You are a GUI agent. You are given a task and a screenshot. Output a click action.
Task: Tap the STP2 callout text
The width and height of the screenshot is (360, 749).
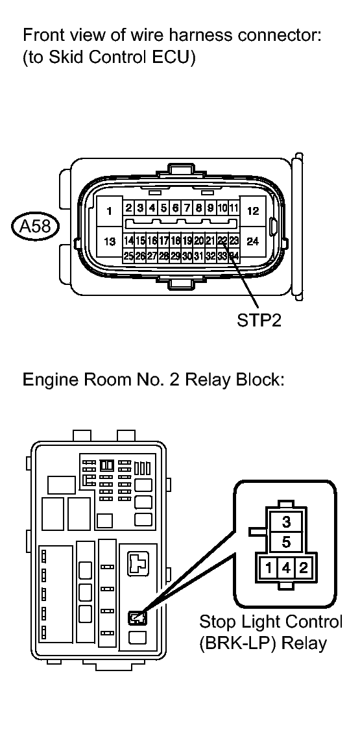pyautogui.click(x=259, y=319)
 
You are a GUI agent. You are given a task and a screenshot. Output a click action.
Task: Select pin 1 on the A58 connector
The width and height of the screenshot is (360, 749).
pyautogui.click(x=110, y=211)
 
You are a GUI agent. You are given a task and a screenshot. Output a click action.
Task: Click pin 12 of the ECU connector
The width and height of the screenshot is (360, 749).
pyautogui.click(x=253, y=211)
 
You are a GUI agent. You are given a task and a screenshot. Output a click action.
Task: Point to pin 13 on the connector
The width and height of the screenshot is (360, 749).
pyautogui.click(x=110, y=241)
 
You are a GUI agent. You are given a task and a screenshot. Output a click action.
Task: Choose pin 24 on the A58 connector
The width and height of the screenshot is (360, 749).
pyautogui.click(x=253, y=241)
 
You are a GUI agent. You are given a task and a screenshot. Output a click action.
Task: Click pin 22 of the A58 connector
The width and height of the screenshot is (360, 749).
pyautogui.click(x=222, y=240)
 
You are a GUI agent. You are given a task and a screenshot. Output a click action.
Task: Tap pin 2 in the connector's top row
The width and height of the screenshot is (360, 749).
pyautogui.click(x=128, y=208)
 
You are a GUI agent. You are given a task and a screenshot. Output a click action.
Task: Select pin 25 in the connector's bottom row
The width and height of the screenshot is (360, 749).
pyautogui.click(x=128, y=256)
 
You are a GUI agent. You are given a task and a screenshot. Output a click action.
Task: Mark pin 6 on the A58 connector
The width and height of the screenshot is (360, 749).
pyautogui.click(x=175, y=208)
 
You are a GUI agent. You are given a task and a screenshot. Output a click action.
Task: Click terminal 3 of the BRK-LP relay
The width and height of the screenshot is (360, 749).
pyautogui.click(x=286, y=521)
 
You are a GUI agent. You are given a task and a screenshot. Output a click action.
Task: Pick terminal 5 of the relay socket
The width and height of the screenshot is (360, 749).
pyautogui.click(x=286, y=543)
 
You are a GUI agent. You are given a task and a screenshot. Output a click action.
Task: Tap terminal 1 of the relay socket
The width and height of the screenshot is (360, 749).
pyautogui.click(x=270, y=568)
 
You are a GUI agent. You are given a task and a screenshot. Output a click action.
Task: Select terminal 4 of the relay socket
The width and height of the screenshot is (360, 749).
pyautogui.click(x=286, y=568)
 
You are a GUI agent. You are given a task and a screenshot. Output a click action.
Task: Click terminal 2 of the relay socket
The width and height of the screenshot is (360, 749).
pyautogui.click(x=303, y=568)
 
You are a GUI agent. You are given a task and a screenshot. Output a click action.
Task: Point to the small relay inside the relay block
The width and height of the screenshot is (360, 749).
pyautogui.click(x=138, y=619)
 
